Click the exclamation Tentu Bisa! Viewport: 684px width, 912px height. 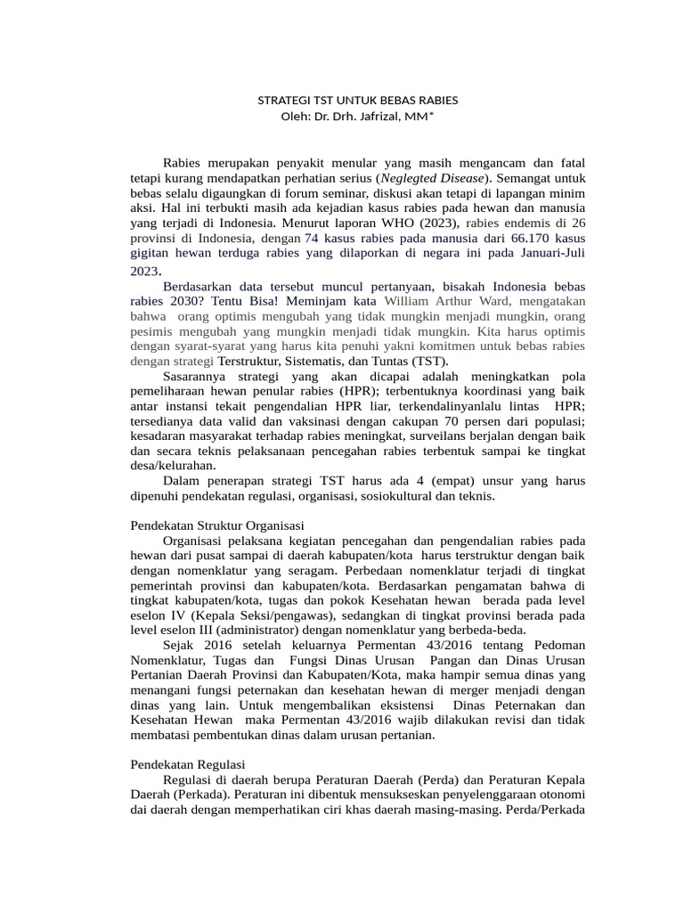point(216,300)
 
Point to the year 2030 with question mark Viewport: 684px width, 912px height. point(151,300)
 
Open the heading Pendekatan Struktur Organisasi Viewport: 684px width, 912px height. point(217,526)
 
